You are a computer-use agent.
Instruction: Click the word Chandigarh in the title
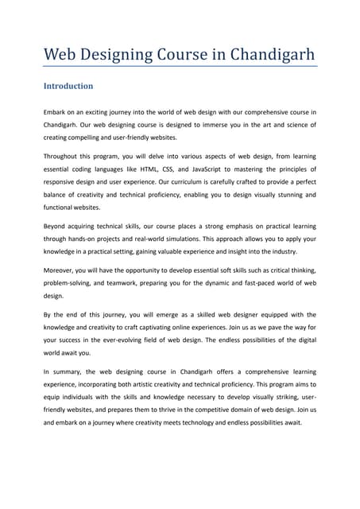[271, 55]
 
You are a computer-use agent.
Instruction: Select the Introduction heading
[68, 86]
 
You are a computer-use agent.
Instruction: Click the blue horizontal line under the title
[180, 68]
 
